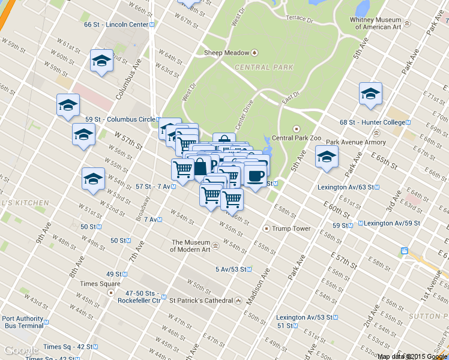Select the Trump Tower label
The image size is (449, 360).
(x=291, y=229)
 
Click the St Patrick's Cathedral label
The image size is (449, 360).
(x=200, y=300)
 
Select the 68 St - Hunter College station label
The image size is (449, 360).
(x=372, y=122)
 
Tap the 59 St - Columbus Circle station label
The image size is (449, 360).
(x=120, y=119)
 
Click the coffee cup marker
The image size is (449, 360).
(x=256, y=175)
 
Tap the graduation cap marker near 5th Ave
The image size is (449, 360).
(x=327, y=157)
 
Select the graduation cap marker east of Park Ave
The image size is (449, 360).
(x=370, y=94)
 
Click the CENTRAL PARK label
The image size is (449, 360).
(x=264, y=68)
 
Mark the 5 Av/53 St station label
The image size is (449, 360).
(x=231, y=269)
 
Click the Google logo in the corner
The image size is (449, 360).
(x=22, y=351)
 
